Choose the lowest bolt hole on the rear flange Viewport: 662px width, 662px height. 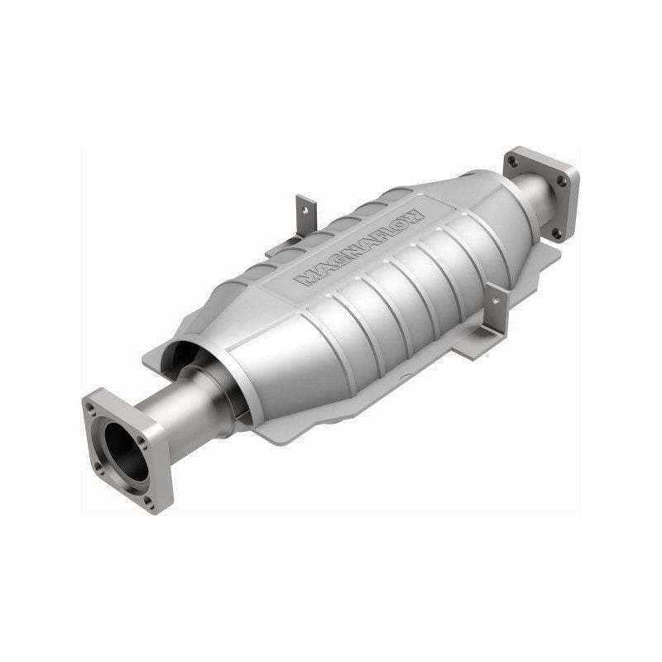coord(555,233)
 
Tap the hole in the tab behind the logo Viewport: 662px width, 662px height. coord(304,211)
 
